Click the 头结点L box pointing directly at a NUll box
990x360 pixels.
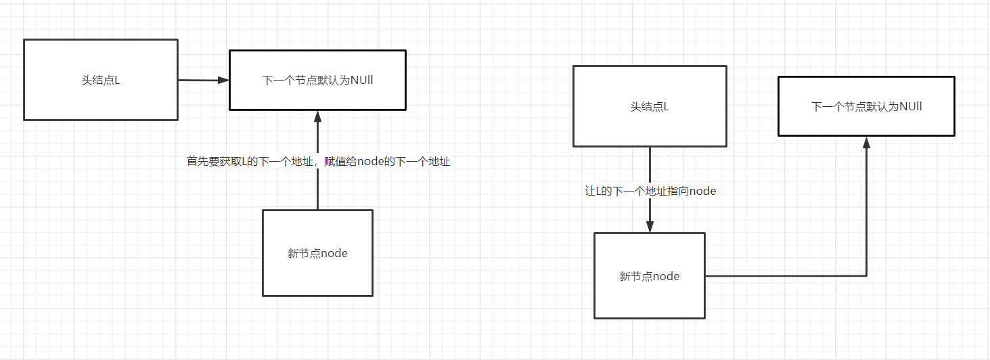click(x=100, y=80)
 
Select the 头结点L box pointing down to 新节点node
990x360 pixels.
click(x=650, y=106)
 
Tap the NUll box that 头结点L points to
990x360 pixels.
click(x=317, y=80)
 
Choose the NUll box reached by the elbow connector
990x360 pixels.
click(x=866, y=106)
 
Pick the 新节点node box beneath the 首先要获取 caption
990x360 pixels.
click(x=317, y=253)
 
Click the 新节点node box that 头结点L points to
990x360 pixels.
click(x=650, y=276)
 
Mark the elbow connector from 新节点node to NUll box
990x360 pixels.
click(x=785, y=276)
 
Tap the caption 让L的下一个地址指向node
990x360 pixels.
click(x=650, y=192)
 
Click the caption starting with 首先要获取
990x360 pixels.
click(x=318, y=162)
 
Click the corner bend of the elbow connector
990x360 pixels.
click(x=866, y=276)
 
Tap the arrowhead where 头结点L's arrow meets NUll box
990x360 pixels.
click(x=224, y=80)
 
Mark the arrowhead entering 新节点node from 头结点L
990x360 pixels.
click(x=650, y=227)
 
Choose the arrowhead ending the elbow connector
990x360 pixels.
click(x=866, y=141)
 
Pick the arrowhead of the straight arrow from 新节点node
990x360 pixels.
click(x=317, y=116)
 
